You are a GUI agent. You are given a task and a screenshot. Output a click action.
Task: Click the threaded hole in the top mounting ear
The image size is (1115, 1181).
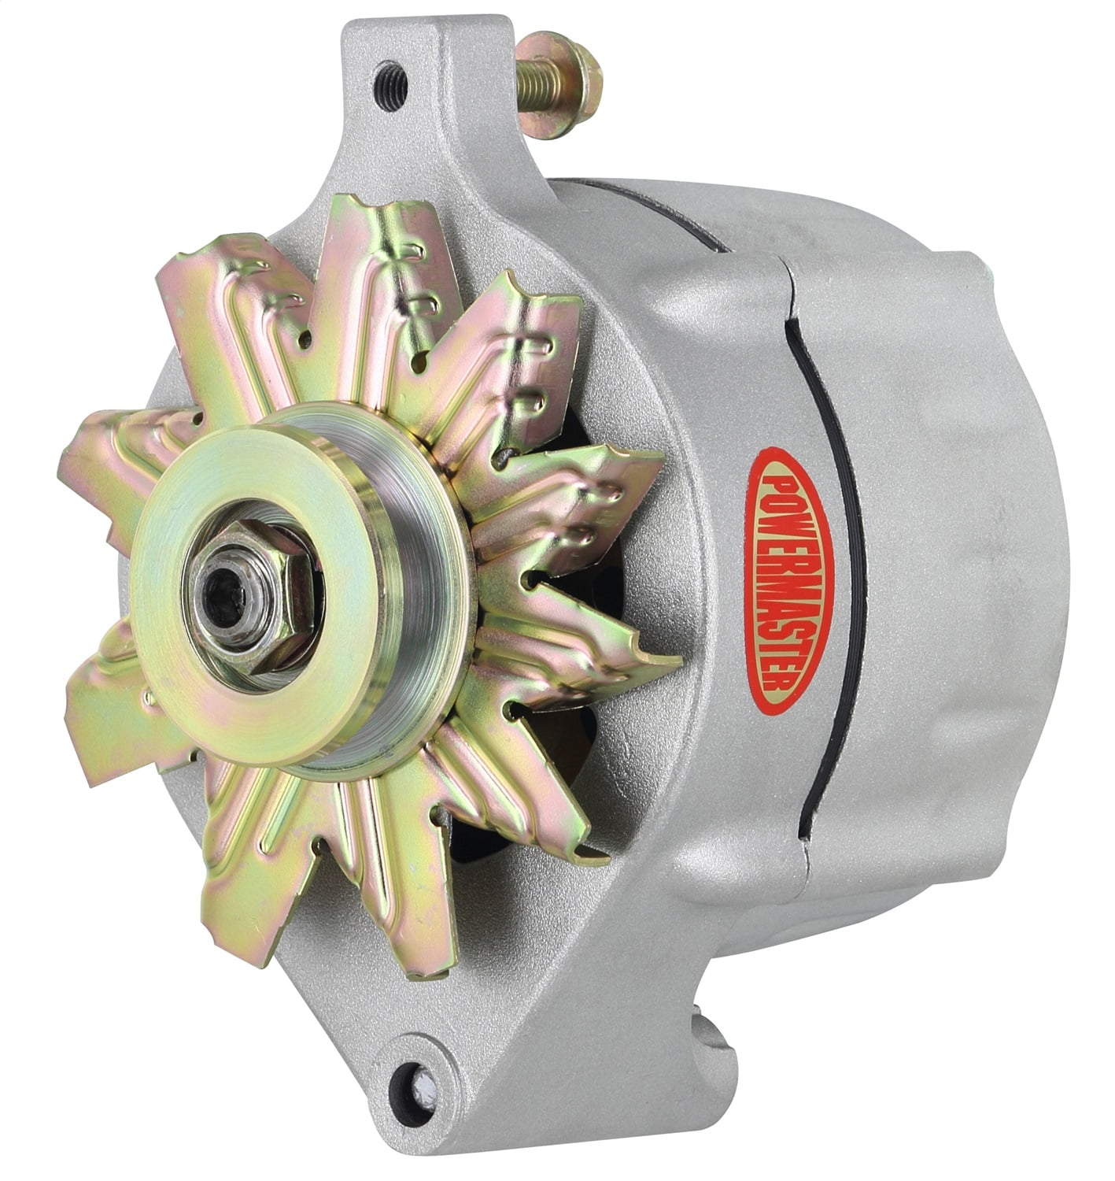tap(389, 77)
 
